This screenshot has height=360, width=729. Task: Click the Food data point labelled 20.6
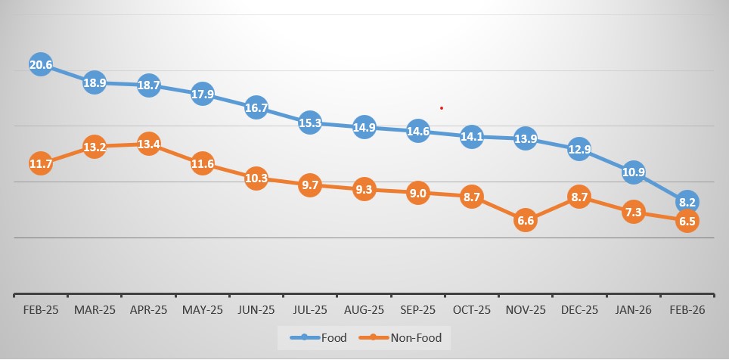[x=41, y=65]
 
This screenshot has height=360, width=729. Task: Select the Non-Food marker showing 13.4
[x=148, y=145]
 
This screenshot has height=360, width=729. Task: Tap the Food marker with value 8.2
[x=687, y=202]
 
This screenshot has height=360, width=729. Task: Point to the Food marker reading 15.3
[x=310, y=123]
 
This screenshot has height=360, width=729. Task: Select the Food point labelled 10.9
[x=633, y=172]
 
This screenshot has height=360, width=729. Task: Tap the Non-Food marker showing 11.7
[x=41, y=163]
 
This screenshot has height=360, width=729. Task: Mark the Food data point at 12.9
[x=579, y=150]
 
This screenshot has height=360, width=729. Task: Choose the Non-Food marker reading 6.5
[x=687, y=221]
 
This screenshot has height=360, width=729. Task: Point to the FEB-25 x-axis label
[x=41, y=310]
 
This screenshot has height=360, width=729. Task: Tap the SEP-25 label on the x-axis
[x=417, y=310]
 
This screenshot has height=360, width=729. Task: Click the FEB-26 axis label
[x=687, y=310]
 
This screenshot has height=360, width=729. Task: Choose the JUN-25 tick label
[x=256, y=310]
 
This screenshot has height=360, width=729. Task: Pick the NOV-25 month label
[x=525, y=310]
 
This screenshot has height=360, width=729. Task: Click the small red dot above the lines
[x=441, y=108]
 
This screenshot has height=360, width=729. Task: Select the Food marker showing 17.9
[x=202, y=94]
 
